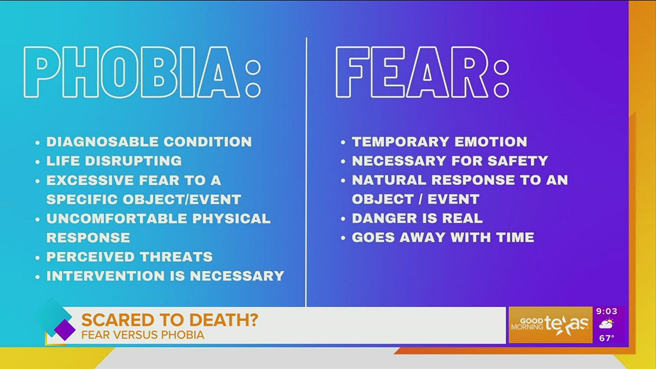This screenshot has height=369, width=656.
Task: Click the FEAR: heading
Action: click(x=422, y=73)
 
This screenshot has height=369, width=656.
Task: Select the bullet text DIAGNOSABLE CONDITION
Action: click(x=149, y=142)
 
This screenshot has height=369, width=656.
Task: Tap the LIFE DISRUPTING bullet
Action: click(x=114, y=161)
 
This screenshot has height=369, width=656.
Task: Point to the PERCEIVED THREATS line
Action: click(x=129, y=257)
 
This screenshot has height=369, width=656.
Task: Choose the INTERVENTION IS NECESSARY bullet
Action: click(x=165, y=276)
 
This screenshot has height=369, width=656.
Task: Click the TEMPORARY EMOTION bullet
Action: click(x=439, y=142)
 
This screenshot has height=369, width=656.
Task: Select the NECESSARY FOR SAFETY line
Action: click(x=449, y=161)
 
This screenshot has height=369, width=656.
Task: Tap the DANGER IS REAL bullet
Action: click(x=417, y=218)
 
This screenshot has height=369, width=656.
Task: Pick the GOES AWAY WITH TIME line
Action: click(x=443, y=237)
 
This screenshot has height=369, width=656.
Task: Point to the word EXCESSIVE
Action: click(x=87, y=180)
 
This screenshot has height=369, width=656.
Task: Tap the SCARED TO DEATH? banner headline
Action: click(x=169, y=320)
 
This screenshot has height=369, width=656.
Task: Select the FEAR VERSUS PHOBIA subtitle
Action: click(x=143, y=334)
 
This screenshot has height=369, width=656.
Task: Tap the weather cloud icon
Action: click(x=606, y=325)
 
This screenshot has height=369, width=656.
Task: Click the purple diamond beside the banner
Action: click(x=64, y=330)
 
